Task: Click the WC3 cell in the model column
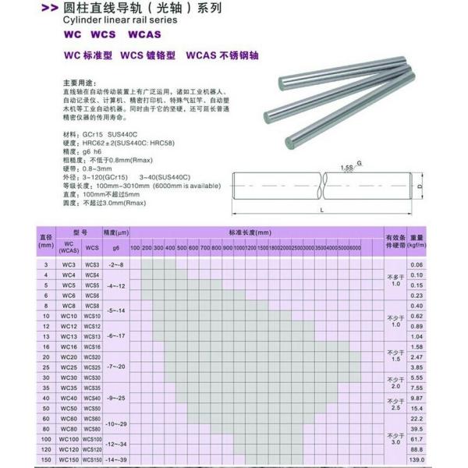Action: [x=69, y=266]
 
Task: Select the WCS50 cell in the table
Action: [x=92, y=408]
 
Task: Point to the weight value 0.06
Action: [x=417, y=265]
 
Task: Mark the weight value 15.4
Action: [x=417, y=408]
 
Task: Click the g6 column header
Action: [x=116, y=247]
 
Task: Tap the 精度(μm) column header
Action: [x=116, y=232]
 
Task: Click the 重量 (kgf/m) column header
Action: [x=417, y=240]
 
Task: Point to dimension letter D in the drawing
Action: [x=419, y=187]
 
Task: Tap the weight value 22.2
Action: [x=417, y=419]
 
